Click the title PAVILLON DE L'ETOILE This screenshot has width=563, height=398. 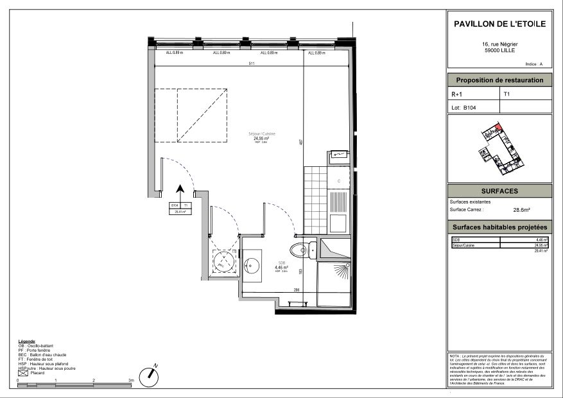499,24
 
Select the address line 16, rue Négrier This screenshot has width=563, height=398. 499,44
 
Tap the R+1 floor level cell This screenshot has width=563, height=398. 457,94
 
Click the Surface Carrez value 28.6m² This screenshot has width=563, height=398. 521,209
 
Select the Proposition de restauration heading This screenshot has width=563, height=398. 499,80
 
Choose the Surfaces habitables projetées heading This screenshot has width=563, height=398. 499,227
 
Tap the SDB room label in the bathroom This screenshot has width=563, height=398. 281,263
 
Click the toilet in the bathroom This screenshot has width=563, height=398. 300,248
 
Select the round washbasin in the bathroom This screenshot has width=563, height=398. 251,264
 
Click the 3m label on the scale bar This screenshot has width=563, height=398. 131,381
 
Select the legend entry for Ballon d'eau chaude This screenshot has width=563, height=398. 44,354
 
